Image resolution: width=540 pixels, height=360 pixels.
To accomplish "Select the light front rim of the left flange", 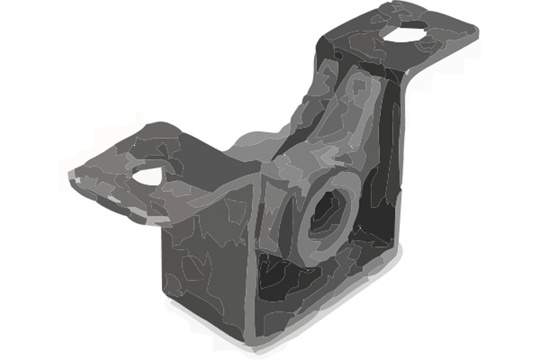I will [116, 202].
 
